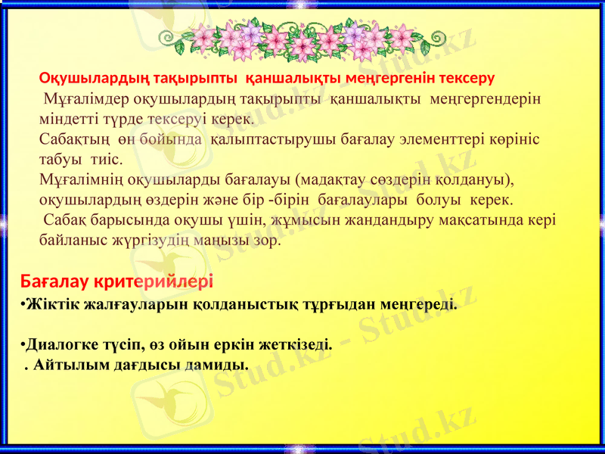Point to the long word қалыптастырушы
pyautogui.click(x=265, y=140)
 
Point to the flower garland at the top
pyautogui.click(x=302, y=39)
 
